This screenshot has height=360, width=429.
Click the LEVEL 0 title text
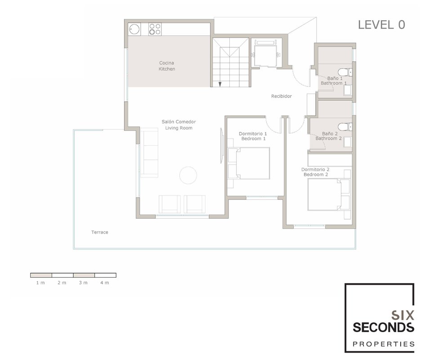click(381, 25)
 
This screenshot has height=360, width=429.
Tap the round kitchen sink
click(134, 29)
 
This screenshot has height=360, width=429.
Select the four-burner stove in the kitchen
click(155, 29)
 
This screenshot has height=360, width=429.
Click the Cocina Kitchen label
click(167, 66)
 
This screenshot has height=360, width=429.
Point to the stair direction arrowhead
click(220, 84)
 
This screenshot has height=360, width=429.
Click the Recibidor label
click(281, 96)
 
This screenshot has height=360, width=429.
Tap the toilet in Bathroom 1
click(345, 72)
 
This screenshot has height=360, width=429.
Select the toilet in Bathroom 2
click(345, 127)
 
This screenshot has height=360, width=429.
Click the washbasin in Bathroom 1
click(348, 90)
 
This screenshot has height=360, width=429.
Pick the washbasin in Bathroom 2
click(348, 142)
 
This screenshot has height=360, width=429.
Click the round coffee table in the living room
click(188, 175)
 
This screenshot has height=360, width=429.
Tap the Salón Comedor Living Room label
click(179, 125)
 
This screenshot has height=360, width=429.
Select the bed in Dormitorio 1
click(249, 163)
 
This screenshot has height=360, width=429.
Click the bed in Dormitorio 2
click(329, 195)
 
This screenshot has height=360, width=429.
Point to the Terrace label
click(99, 232)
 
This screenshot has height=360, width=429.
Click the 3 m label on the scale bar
click(83, 283)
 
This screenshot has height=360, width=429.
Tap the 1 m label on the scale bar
click(40, 283)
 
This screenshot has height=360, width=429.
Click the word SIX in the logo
click(402, 315)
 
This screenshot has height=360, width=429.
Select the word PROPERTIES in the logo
click(384, 344)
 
